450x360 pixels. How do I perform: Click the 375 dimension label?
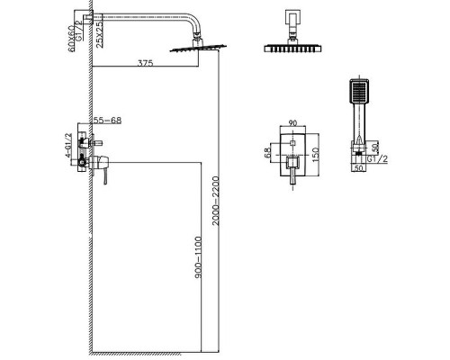(145, 63)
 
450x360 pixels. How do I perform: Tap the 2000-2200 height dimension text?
(216, 201)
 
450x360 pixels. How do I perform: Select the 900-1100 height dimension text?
(198, 257)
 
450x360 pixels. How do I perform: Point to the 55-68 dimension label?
(107, 120)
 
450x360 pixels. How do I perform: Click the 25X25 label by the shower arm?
(99, 33)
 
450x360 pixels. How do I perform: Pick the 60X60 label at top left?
(72, 39)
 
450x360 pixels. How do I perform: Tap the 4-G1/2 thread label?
(68, 145)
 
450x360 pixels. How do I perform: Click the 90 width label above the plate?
(292, 123)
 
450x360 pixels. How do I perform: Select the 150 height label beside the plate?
(316, 155)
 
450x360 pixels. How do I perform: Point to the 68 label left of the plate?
(268, 152)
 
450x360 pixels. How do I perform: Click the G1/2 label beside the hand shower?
(377, 159)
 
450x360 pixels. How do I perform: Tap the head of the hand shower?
(359, 91)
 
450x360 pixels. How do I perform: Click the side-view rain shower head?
(198, 48)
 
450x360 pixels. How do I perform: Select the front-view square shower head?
(292, 49)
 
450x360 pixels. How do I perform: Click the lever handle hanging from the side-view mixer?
(105, 176)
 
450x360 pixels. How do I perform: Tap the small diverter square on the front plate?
(292, 142)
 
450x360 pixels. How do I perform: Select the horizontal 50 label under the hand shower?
(358, 168)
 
